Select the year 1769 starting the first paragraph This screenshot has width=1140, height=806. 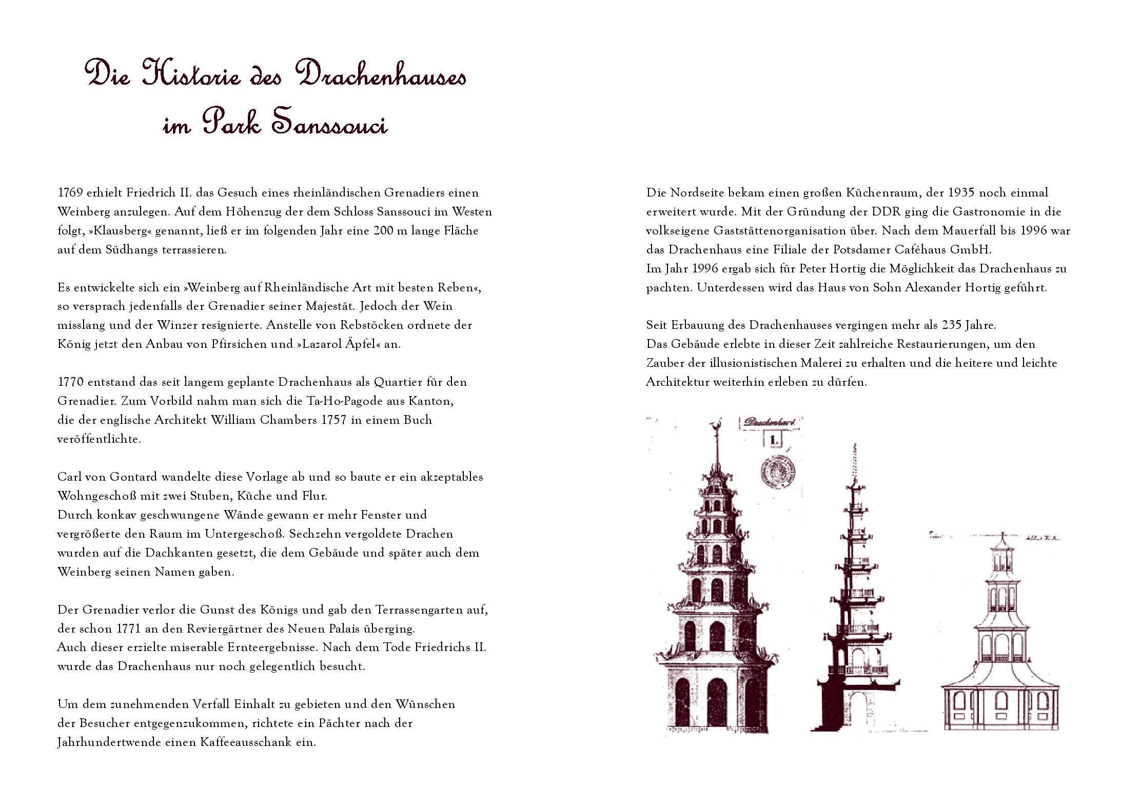click(x=70, y=193)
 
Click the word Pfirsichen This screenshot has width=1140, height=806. click(x=238, y=344)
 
